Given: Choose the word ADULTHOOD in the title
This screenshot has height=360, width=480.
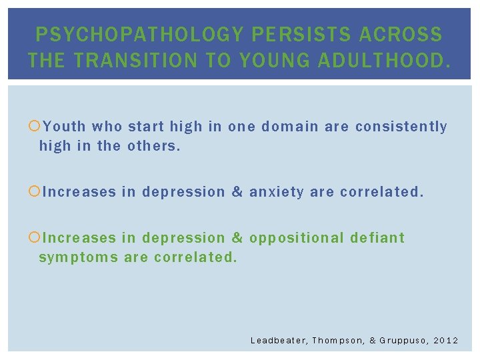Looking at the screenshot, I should click(382, 61).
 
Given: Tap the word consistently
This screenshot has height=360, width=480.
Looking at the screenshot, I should click(401, 127).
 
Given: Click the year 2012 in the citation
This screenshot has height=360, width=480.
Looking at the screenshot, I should click(447, 341).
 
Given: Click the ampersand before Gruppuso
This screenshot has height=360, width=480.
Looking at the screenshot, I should click(373, 341).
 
